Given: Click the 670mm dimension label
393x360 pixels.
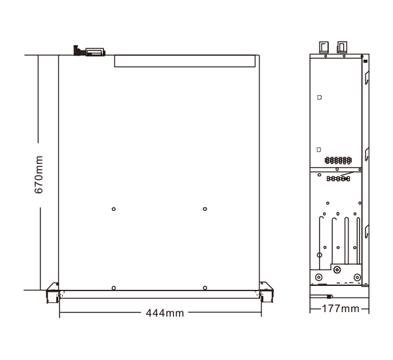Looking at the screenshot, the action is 39,174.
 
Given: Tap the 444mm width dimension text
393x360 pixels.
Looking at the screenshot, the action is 165,313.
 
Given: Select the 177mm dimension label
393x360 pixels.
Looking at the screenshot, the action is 341,309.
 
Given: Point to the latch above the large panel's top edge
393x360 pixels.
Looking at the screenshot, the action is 89,51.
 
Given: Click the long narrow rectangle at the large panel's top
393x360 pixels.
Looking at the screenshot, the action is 185,61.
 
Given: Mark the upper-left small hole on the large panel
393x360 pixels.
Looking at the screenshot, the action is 113,209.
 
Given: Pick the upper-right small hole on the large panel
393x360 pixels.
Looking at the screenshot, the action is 205,209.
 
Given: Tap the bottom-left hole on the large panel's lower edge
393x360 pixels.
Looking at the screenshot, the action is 113,288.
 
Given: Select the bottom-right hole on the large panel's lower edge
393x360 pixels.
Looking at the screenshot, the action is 205,288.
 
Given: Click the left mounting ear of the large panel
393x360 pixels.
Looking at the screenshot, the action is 52,292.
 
